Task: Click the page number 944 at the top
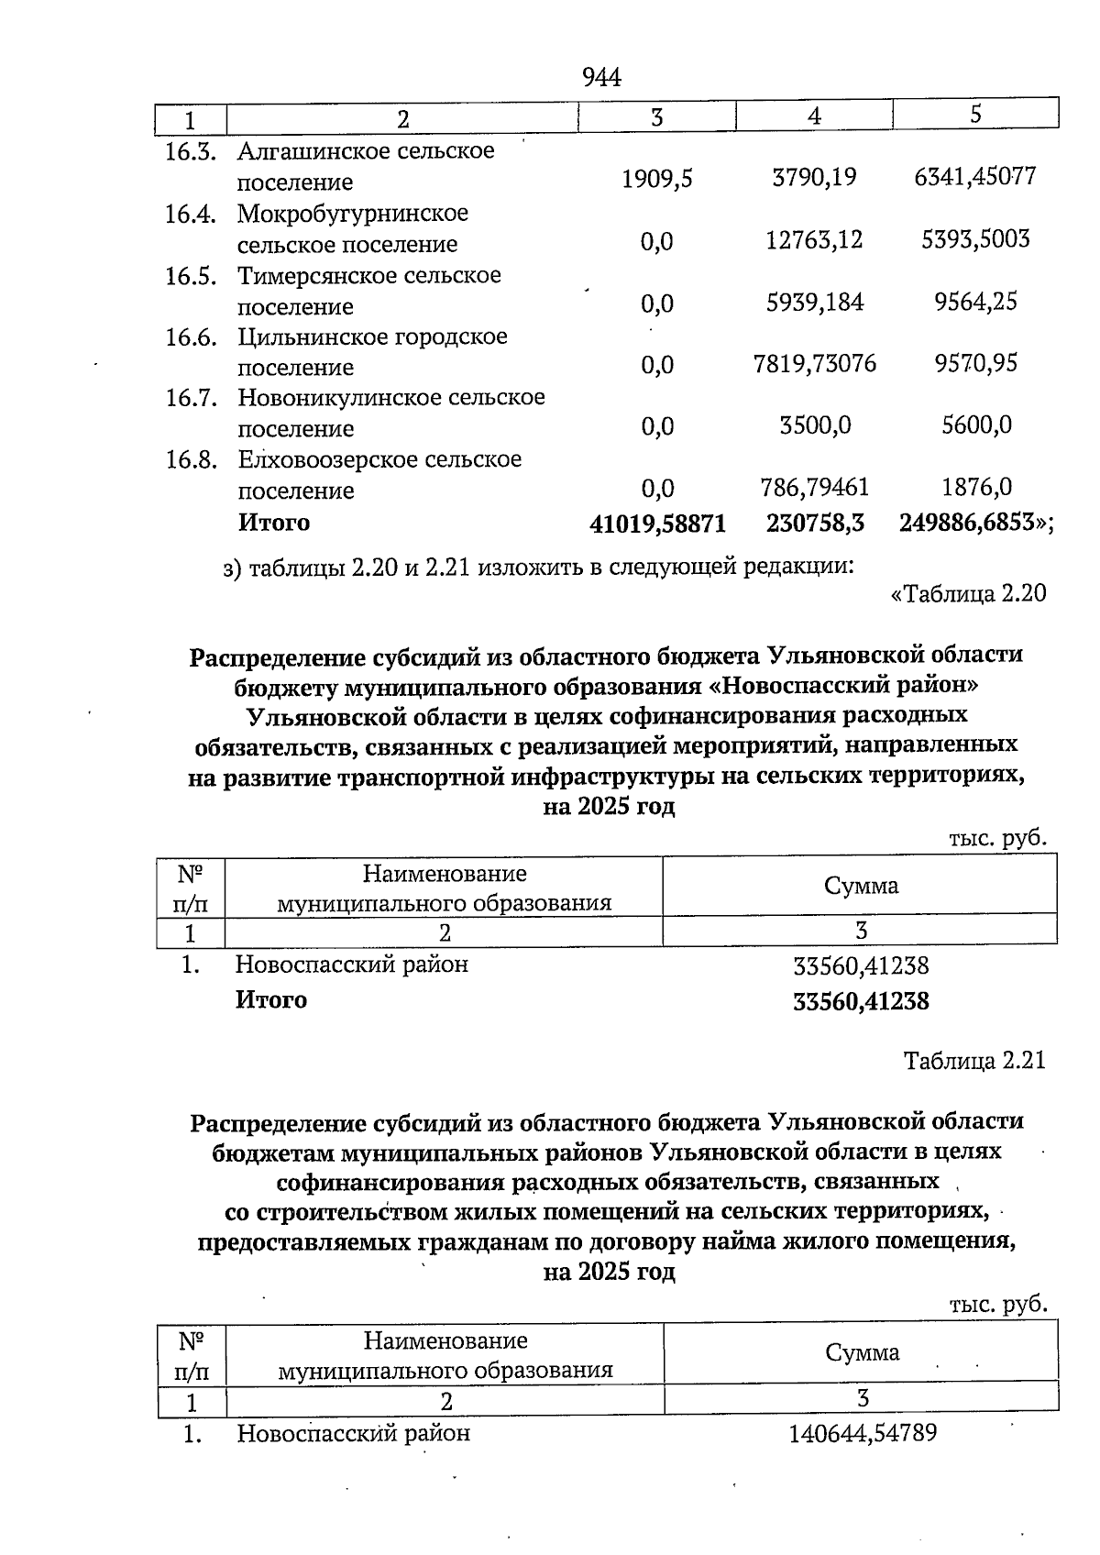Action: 602,78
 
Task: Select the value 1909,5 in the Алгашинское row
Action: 656,179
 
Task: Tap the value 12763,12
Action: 814,240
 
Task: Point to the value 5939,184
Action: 814,302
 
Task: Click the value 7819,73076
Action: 814,364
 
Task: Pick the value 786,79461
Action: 814,487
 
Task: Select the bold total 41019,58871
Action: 657,524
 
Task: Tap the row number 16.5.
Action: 191,276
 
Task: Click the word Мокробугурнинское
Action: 353,214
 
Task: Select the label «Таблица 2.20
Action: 968,594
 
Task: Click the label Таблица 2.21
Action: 973,1061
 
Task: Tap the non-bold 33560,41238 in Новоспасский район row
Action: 860,965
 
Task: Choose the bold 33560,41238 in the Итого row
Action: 860,1001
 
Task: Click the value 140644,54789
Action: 863,1433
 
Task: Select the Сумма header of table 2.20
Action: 860,886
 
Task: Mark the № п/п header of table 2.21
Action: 191,1356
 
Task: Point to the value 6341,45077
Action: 974,176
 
